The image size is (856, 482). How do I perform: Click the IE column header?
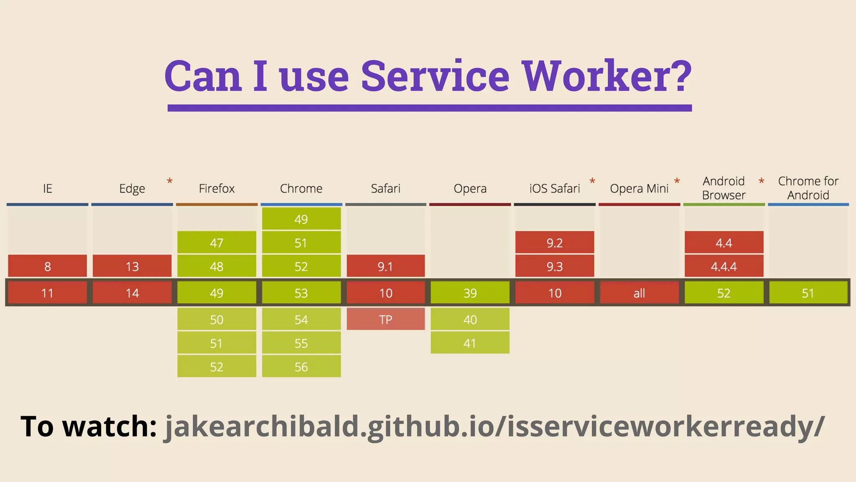[x=48, y=189]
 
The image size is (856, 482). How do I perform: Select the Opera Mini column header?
[x=639, y=189]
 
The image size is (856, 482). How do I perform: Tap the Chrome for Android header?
[x=808, y=188]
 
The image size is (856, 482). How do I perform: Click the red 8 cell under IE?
[x=48, y=266]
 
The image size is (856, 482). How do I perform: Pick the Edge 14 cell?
[x=132, y=293]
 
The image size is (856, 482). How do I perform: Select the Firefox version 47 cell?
[x=217, y=243]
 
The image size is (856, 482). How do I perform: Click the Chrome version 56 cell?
[x=301, y=367]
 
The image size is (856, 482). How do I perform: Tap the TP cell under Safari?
[x=385, y=320]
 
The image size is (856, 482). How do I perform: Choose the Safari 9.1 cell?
[x=385, y=266]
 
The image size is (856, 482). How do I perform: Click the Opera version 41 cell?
[x=470, y=343]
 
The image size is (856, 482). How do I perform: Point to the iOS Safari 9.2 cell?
[x=555, y=243]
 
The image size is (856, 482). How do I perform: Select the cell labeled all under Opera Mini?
[x=639, y=293]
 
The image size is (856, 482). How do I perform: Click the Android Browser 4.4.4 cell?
[x=724, y=266]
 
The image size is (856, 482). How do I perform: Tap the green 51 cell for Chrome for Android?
[x=808, y=293]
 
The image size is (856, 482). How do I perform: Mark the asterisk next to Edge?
[x=170, y=181]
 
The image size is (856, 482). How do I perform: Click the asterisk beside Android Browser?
[x=762, y=181]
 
